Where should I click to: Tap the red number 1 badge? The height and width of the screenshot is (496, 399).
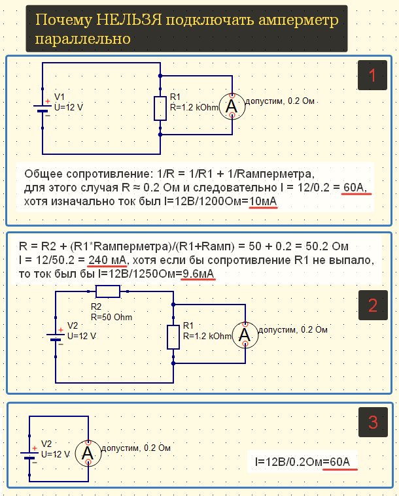(x=373, y=76)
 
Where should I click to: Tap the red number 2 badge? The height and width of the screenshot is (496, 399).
(x=373, y=305)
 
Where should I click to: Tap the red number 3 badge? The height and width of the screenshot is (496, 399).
(x=373, y=423)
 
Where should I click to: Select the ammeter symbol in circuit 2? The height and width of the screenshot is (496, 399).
(x=245, y=335)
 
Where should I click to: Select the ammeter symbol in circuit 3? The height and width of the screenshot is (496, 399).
(x=88, y=453)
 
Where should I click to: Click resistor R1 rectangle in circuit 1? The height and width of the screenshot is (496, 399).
(x=160, y=108)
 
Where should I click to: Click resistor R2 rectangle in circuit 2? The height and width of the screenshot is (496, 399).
(x=107, y=291)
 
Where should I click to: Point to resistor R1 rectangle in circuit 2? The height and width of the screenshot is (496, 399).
(x=173, y=337)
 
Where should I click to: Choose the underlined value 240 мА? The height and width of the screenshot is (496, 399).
(x=109, y=260)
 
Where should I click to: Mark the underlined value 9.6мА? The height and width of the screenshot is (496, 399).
(x=199, y=273)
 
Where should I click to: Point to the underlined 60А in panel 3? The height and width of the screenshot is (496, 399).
(x=341, y=462)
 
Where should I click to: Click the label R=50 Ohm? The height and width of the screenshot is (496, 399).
(x=111, y=317)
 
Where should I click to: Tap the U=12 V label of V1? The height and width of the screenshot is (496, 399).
(x=69, y=107)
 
